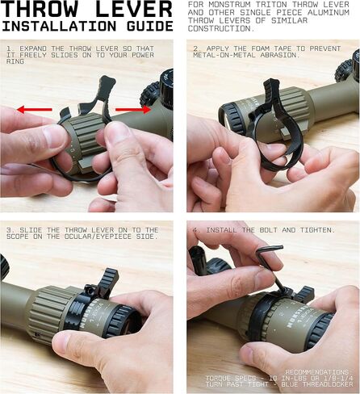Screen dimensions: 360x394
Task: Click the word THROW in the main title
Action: pyautogui.click(x=40, y=9)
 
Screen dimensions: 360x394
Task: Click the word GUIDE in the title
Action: pyautogui.click(x=150, y=26)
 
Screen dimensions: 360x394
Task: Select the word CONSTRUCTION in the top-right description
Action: pyautogui.click(x=220, y=28)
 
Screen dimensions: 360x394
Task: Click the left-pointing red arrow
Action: pyautogui.click(x=34, y=110)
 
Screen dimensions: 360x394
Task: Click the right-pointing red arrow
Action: pyautogui.click(x=133, y=109)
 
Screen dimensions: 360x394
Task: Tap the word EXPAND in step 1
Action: pyautogui.click(x=33, y=48)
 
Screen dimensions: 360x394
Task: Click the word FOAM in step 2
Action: pyautogui.click(x=260, y=48)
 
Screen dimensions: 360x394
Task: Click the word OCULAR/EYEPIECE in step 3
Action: pyautogui.click(x=98, y=237)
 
